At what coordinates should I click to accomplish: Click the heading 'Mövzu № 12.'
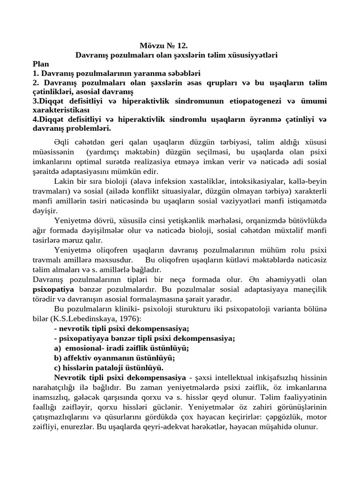[164, 46]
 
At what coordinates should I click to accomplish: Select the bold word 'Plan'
[41, 64]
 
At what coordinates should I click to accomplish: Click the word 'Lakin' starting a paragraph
[64, 181]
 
